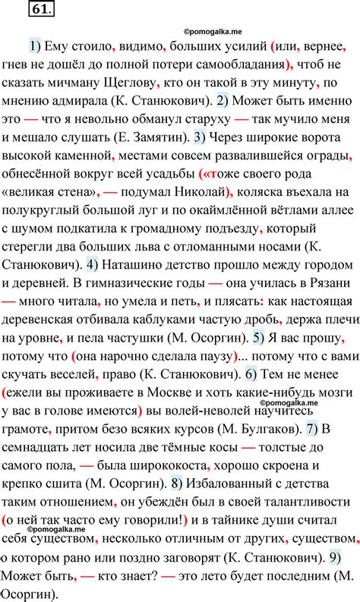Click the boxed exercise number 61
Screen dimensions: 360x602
pyautogui.click(x=39, y=10)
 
